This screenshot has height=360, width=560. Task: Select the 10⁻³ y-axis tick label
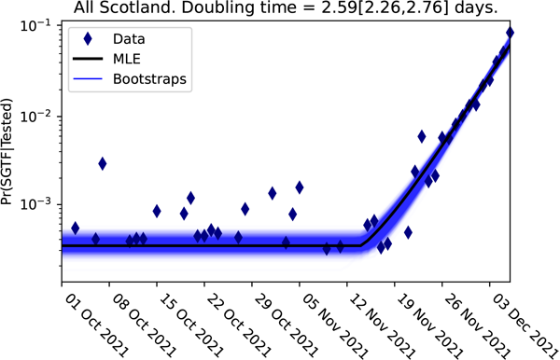[x=36, y=203]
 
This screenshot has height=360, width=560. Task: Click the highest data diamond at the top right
[x=510, y=34]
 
